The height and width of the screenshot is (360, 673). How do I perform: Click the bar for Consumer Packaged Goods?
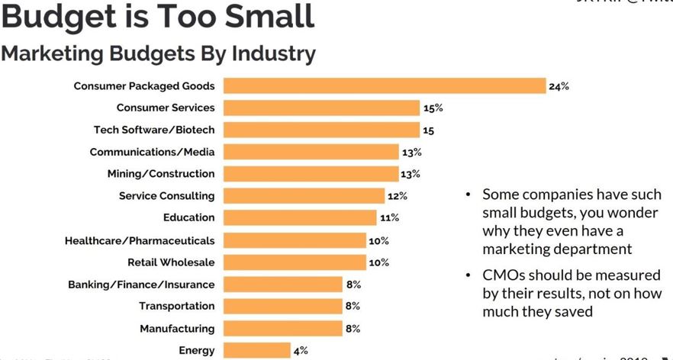pyautogui.click(x=384, y=86)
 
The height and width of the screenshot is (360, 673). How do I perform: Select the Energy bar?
pyautogui.click(x=256, y=351)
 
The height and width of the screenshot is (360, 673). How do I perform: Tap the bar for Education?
pyautogui.click(x=300, y=218)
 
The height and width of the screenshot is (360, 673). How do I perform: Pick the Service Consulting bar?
pyautogui.click(x=304, y=196)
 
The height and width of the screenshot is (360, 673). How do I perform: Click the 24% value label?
pyautogui.click(x=559, y=86)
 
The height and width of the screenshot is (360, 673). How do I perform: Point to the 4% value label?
pyautogui.click(x=301, y=351)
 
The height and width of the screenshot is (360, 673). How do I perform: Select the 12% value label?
pyautogui.click(x=398, y=196)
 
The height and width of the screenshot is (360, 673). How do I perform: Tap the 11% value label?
pyautogui.click(x=389, y=218)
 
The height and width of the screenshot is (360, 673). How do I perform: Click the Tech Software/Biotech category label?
pyautogui.click(x=154, y=130)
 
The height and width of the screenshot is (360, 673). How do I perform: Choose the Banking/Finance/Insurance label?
pyautogui.click(x=141, y=284)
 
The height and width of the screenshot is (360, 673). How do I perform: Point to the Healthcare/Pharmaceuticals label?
pyautogui.click(x=140, y=240)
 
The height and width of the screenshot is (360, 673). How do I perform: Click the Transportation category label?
pyautogui.click(x=177, y=307)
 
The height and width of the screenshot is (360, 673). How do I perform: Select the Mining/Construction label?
pyautogui.click(x=161, y=174)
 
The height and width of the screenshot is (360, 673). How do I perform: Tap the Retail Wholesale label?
pyautogui.click(x=171, y=262)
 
